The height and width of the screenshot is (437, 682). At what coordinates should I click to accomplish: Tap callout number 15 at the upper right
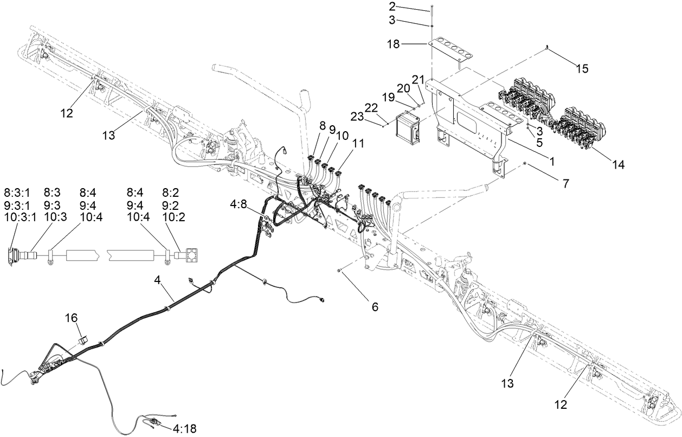pyautogui.click(x=581, y=69)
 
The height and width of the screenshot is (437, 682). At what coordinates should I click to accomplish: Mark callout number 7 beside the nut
pyautogui.click(x=565, y=183)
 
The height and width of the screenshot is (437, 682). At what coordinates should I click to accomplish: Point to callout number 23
pyautogui.click(x=373, y=124)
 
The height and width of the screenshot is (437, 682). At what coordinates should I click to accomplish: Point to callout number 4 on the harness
pyautogui.click(x=157, y=280)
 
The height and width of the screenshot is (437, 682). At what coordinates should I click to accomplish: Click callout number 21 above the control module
pyautogui.click(x=417, y=80)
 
